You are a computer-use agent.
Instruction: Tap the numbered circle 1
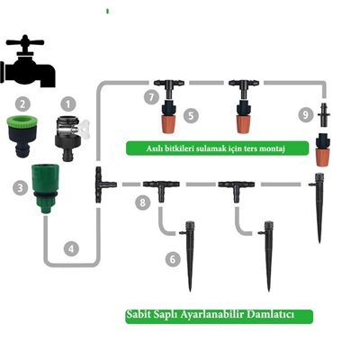[x=63, y=104]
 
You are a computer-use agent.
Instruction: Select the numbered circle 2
[x=23, y=104]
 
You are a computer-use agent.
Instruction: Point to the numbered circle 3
[x=19, y=188]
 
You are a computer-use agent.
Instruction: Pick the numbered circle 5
[x=191, y=115]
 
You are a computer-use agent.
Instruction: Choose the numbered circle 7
[x=151, y=94]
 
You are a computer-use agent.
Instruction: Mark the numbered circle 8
[x=142, y=203]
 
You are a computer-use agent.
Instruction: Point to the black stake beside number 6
[x=192, y=252]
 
